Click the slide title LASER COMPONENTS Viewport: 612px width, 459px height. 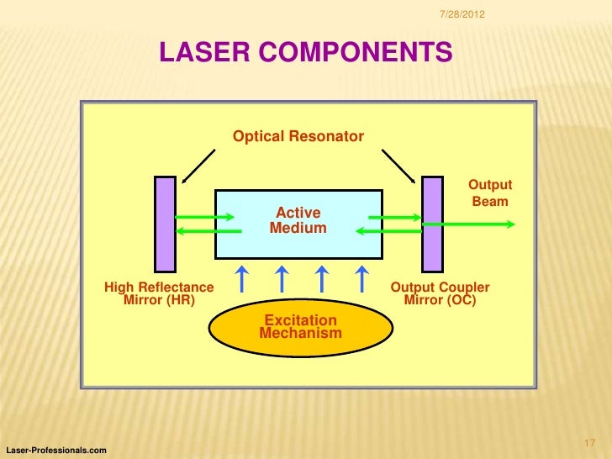tap(306, 53)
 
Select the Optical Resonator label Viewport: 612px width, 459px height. tap(298, 136)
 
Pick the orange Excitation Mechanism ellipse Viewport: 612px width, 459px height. tap(301, 327)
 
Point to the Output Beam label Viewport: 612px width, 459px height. tap(489, 193)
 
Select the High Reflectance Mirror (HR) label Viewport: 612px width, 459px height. tap(159, 293)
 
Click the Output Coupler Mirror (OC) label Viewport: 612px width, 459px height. tap(440, 293)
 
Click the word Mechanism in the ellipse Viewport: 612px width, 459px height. tap(301, 334)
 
